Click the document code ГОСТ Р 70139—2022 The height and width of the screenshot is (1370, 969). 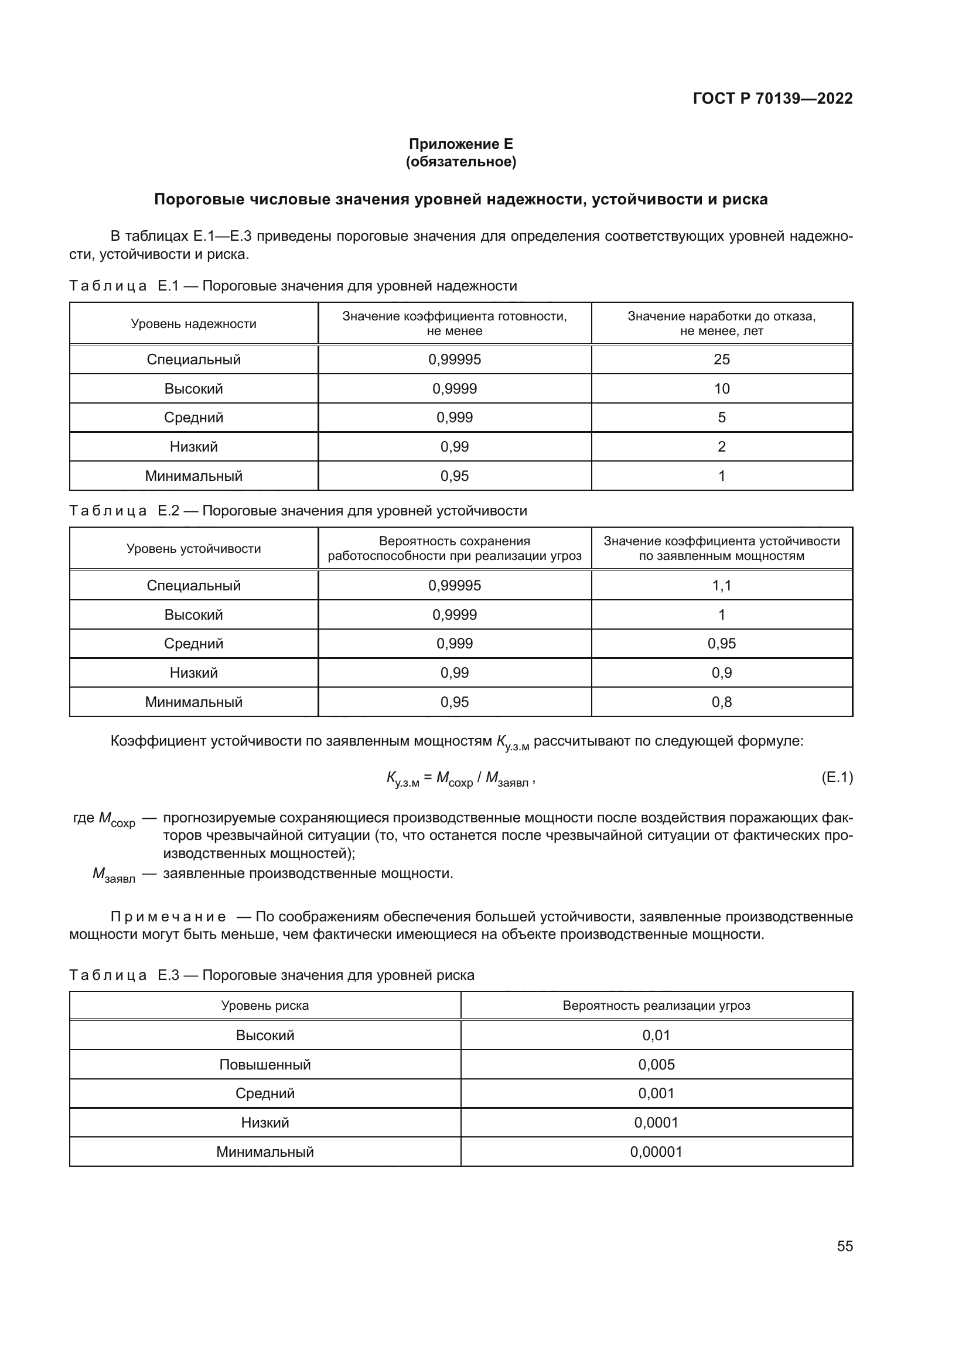(772, 98)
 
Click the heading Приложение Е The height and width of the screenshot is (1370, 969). (460, 144)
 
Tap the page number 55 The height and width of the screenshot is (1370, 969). (844, 1246)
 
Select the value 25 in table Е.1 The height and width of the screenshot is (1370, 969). (721, 360)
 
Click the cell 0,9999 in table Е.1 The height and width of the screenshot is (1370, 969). (454, 389)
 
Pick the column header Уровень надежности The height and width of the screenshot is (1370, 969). (193, 324)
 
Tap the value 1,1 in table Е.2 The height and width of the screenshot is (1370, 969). (721, 585)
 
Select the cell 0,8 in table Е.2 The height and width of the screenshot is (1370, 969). (721, 702)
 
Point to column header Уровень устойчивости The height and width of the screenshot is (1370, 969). (193, 549)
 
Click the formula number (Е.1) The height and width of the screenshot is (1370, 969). (837, 777)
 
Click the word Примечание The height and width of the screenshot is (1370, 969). (168, 917)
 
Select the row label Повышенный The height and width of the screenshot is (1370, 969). (265, 1064)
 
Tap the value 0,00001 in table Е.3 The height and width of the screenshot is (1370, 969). (656, 1152)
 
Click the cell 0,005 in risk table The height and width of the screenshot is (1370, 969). (656, 1064)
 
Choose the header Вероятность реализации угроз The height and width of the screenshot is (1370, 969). (656, 1006)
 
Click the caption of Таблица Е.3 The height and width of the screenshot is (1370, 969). (271, 975)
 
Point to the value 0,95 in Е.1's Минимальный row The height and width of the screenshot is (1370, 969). (454, 476)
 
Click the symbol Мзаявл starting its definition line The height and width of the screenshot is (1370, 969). (114, 875)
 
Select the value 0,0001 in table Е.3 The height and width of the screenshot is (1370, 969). (656, 1122)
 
